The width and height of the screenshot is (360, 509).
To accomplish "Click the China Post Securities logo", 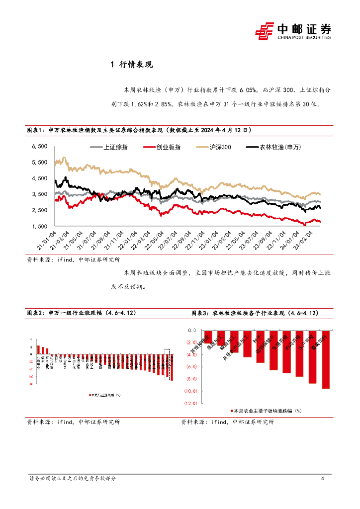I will tap(293, 31).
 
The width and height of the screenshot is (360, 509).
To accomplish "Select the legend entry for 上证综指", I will tap(114, 147).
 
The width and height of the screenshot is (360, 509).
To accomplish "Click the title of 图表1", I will tap(139, 130).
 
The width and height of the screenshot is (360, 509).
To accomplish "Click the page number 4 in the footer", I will tap(323, 479).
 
